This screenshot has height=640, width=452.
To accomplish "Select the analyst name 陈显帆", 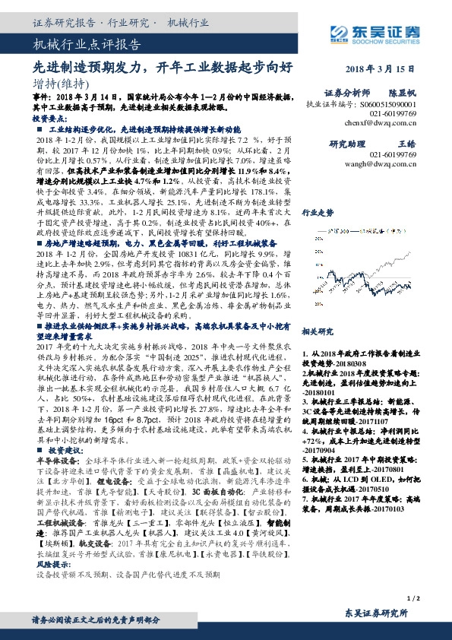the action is [x=422, y=90].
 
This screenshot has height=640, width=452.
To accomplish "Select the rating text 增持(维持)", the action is [x=60, y=84].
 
